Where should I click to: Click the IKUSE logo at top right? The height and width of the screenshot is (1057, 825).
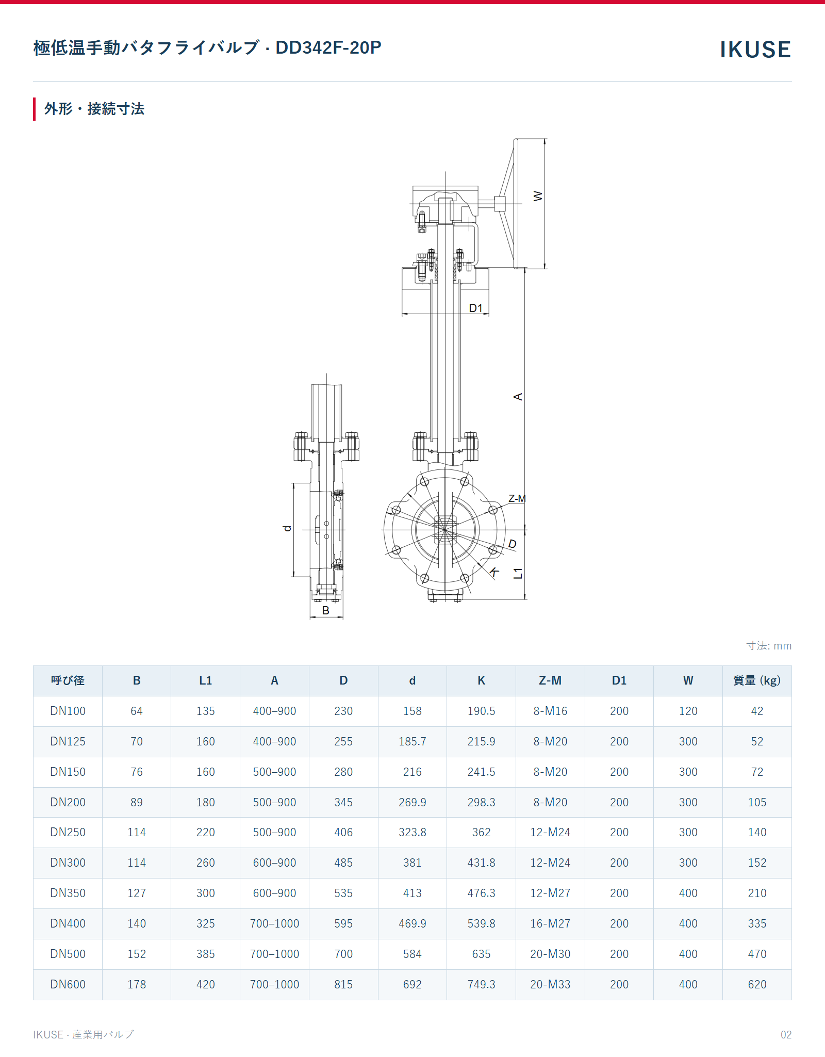[755, 50]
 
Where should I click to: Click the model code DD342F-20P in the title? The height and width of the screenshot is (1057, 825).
[328, 47]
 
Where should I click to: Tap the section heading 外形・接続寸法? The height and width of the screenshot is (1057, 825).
[94, 109]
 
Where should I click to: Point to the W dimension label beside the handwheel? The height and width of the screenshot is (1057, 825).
[538, 196]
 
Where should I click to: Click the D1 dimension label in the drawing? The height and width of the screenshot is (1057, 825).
[476, 308]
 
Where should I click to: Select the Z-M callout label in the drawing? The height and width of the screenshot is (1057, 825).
[517, 498]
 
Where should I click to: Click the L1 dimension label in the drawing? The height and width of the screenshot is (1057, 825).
[518, 573]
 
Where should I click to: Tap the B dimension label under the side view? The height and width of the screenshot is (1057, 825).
[326, 610]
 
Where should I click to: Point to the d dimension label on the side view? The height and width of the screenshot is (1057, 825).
[287, 528]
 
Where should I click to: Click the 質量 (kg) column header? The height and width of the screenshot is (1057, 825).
[757, 680]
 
